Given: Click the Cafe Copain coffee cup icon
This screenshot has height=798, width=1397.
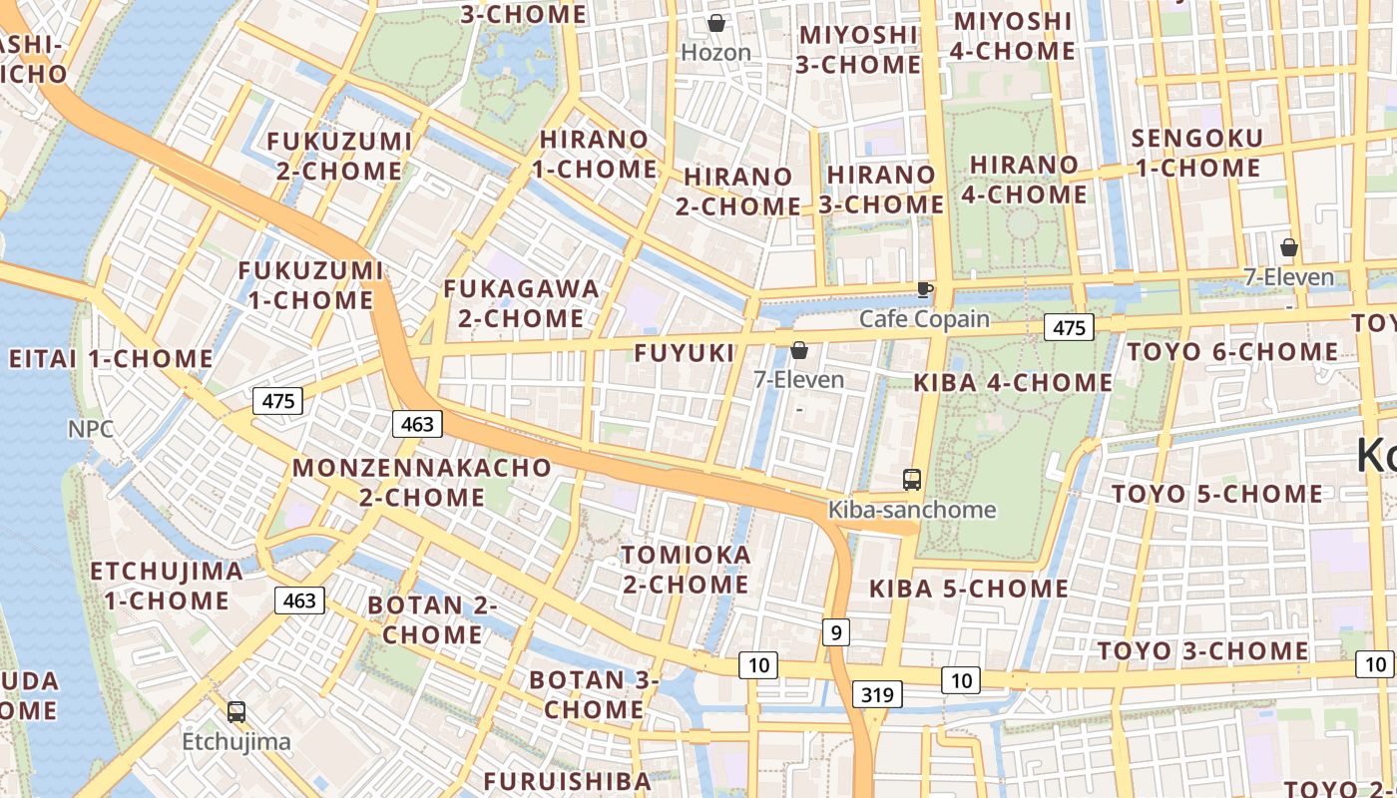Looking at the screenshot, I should (925, 289).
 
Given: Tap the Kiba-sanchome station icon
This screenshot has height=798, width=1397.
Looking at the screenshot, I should (912, 480).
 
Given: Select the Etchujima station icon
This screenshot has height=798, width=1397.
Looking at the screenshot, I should (236, 712).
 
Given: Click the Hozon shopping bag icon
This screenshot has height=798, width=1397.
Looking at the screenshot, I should (716, 23).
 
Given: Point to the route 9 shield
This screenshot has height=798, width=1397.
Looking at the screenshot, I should (836, 631).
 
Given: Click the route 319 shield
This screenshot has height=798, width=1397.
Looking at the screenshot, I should (877, 694).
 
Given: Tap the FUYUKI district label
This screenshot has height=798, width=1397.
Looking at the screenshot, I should (685, 352).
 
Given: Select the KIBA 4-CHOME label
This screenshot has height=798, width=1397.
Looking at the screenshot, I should (1013, 382).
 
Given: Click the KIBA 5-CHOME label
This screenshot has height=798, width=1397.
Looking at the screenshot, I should (969, 589).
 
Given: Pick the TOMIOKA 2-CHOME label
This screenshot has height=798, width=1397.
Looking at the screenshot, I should (686, 570).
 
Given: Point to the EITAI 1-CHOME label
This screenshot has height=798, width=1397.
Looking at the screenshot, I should (111, 359).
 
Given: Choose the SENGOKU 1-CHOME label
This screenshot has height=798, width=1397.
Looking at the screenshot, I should (1197, 153).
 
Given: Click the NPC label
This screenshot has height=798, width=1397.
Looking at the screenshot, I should (91, 429).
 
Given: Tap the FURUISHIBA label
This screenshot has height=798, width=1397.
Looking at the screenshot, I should (567, 780).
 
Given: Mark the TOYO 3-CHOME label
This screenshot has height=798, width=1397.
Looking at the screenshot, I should (1202, 651).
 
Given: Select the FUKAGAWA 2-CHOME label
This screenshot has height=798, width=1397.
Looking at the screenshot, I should (522, 303).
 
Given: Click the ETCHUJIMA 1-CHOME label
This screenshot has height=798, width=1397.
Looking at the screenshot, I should (167, 586).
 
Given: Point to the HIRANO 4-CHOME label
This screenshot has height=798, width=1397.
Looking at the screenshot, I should (1025, 180).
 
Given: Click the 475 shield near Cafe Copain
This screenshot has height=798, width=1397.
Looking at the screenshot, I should (1069, 327).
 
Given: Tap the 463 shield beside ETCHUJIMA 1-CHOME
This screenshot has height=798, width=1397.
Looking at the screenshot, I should (299, 600).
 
